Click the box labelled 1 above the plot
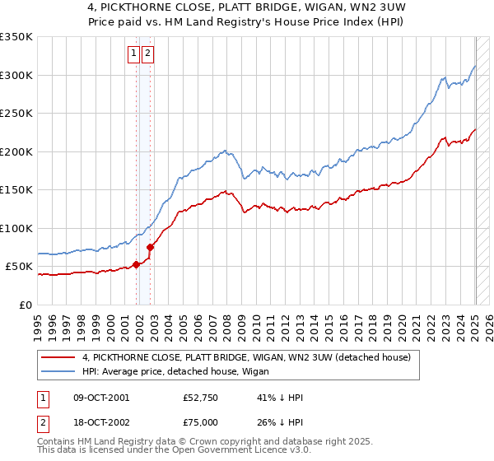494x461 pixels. [133, 54]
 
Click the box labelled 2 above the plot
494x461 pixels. [147, 54]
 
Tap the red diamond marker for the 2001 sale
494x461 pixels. [137, 264]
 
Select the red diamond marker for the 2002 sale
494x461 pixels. [151, 247]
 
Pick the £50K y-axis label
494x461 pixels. [20, 267]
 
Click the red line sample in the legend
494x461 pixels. [59, 357]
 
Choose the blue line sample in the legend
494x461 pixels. [59, 371]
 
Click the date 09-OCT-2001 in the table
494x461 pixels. [101, 398]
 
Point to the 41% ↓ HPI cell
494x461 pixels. [280, 398]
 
